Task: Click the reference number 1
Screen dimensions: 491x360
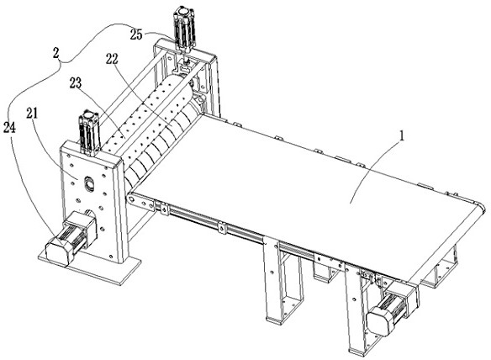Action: point(401,136)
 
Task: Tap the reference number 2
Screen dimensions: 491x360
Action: point(55,53)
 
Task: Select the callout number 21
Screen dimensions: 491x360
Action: point(32,114)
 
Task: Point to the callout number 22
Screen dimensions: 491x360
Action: point(112,59)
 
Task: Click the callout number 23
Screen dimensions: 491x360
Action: point(76,83)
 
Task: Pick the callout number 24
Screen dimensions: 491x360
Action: point(9,127)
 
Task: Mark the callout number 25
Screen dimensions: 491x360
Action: point(136,34)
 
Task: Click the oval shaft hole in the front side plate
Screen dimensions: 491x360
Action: point(89,183)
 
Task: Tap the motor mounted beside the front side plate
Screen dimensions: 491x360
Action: point(71,236)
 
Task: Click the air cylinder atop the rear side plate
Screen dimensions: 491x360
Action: point(185,29)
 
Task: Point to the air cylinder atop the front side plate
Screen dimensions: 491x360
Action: point(89,131)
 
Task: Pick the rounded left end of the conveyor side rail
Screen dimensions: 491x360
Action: point(130,199)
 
